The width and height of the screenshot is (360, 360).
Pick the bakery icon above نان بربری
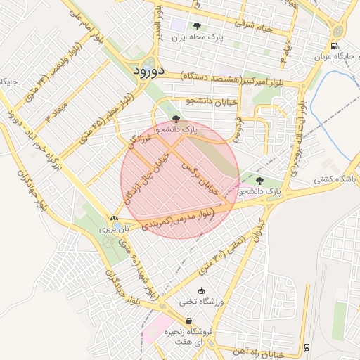pos(114,219)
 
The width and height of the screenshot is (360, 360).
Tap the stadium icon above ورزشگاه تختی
pos(202,291)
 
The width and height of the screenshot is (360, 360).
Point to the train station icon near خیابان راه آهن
pos(307,347)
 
